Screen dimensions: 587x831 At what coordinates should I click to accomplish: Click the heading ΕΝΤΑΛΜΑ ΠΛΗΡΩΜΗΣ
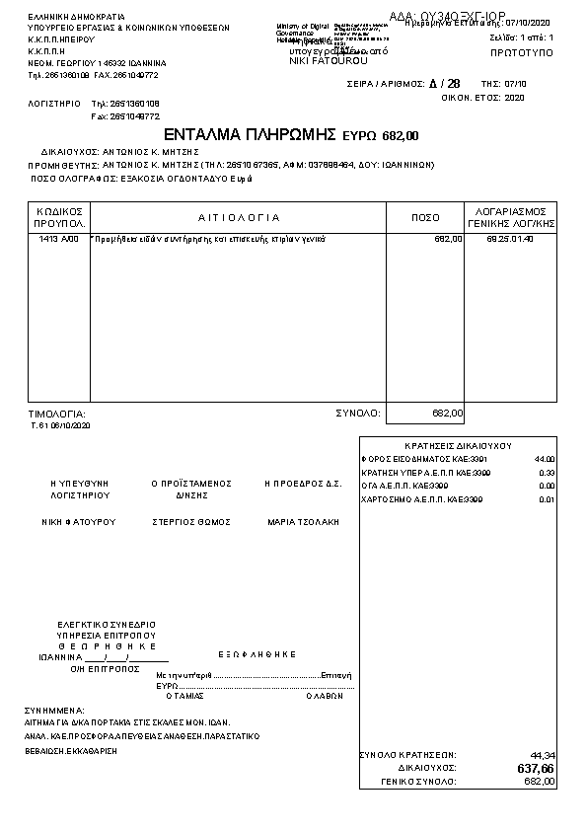tap(252, 134)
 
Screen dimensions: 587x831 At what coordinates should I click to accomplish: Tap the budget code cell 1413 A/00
tap(58, 240)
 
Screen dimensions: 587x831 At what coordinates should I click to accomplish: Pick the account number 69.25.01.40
tap(510, 240)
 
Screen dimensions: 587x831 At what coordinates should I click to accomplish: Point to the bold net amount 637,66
tap(536, 768)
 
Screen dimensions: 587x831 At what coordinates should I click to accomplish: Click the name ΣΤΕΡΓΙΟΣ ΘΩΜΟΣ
tap(190, 521)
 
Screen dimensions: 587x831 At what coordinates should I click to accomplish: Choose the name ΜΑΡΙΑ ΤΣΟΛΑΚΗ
tap(303, 521)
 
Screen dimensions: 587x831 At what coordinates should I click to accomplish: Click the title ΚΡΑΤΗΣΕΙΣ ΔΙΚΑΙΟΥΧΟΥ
tap(458, 446)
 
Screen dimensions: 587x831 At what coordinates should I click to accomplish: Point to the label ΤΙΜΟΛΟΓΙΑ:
tap(57, 414)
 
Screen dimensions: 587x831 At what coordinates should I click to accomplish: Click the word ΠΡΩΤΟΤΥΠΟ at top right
tap(521, 49)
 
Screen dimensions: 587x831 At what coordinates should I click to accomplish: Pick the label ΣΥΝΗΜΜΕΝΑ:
tap(55, 710)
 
